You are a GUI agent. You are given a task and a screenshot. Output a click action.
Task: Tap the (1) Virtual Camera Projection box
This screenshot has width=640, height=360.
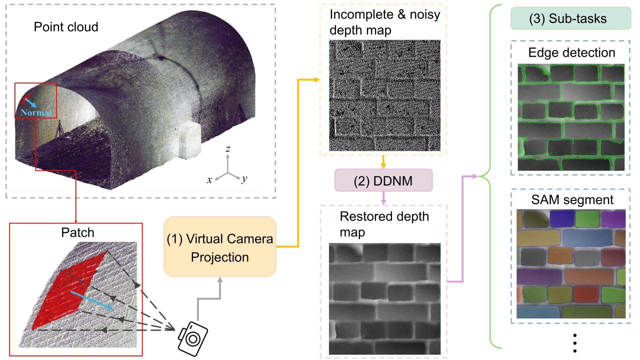point(220,247)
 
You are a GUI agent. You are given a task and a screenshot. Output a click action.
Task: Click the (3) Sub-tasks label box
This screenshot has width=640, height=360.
point(570,19)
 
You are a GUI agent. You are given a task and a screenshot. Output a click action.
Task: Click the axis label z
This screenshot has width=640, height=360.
point(227,148)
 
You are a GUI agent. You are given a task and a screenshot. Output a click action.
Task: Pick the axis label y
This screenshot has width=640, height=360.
point(244,179)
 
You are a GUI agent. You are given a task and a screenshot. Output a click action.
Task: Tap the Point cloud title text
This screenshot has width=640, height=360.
point(66,26)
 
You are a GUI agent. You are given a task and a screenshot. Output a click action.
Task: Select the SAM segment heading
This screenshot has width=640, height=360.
point(571,200)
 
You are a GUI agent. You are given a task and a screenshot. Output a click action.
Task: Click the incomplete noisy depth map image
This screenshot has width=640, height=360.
point(384,95)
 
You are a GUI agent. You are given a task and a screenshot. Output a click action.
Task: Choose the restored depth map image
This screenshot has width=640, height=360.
point(384,298)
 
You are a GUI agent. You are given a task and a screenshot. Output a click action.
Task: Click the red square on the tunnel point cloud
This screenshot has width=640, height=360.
point(35,101)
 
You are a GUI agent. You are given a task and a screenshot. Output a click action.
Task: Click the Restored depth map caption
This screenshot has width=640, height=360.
point(384,224)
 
